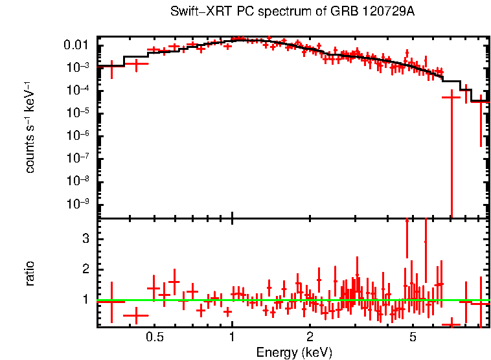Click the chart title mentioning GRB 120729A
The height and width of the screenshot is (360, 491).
tap(292, 12)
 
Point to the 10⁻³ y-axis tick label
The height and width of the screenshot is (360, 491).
tap(79, 67)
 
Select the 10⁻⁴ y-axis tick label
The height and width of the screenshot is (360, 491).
tap(79, 90)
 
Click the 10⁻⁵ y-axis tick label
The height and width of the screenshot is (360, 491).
tap(79, 113)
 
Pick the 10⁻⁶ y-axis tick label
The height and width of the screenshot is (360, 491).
tap(79, 135)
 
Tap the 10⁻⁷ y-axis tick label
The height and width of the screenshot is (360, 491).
tap(79, 158)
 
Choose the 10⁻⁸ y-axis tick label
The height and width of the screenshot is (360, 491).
tap(79, 181)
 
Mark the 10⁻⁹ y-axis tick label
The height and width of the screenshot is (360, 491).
tap(79, 203)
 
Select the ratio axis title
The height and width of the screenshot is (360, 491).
tap(30, 273)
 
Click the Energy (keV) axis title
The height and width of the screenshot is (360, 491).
tap(294, 352)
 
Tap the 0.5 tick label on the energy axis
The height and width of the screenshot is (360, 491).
tap(154, 337)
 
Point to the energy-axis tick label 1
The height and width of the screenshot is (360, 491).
tap(232, 337)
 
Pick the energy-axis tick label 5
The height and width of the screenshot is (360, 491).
tap(413, 337)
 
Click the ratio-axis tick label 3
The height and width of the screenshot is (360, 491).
tap(84, 239)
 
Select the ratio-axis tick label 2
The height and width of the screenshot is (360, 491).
tap(84, 269)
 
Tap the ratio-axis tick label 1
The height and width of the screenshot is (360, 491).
tap(84, 300)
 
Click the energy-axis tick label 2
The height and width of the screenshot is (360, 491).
tap(310, 337)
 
